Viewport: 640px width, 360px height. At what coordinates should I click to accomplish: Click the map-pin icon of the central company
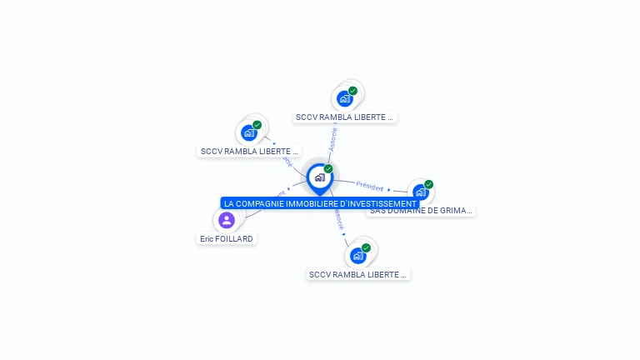point(319,177)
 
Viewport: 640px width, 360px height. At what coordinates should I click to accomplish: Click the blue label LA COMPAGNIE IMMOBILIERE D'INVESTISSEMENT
point(320,203)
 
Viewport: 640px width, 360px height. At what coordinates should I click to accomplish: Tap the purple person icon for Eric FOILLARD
point(226,220)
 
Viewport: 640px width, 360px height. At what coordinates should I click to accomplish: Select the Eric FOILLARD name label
point(226,238)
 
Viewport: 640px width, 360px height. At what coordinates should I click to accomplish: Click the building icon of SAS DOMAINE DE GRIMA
point(420,192)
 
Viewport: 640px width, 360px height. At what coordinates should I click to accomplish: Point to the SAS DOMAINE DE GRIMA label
point(421,211)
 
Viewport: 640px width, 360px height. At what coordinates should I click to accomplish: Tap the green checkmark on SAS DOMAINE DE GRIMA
point(428,184)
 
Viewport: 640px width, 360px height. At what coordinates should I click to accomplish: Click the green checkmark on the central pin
point(328,169)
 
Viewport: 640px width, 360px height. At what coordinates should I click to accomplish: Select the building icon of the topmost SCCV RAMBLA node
point(344,98)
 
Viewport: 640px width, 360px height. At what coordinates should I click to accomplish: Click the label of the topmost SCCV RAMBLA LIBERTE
point(344,117)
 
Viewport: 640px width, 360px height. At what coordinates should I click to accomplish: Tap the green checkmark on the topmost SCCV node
point(352,91)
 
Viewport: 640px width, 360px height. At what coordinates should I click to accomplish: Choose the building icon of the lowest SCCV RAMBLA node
point(357,256)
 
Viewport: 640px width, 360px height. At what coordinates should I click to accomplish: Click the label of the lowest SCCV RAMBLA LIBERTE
point(357,274)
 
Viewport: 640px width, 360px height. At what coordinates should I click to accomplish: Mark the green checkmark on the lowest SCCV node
point(366,247)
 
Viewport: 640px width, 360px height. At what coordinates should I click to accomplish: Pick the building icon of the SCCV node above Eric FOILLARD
point(248,132)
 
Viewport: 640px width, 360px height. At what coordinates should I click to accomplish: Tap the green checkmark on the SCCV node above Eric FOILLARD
point(257,125)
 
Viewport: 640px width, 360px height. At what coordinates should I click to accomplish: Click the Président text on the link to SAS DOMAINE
point(369,186)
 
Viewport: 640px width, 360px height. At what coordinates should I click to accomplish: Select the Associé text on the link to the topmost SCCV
point(333,137)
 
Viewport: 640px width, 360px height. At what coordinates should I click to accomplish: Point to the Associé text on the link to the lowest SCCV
point(337,218)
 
